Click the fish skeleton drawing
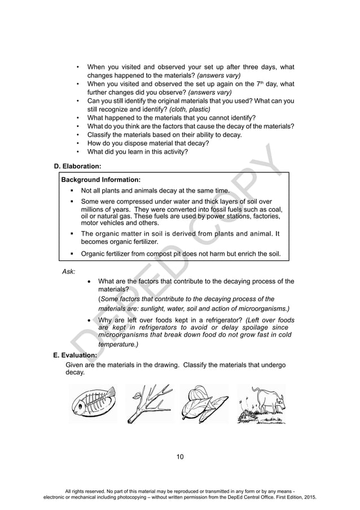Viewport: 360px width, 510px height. click(x=93, y=403)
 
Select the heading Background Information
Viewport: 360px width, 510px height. click(x=96, y=180)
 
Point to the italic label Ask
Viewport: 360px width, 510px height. click(x=68, y=271)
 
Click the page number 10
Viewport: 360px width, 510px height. click(x=179, y=457)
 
